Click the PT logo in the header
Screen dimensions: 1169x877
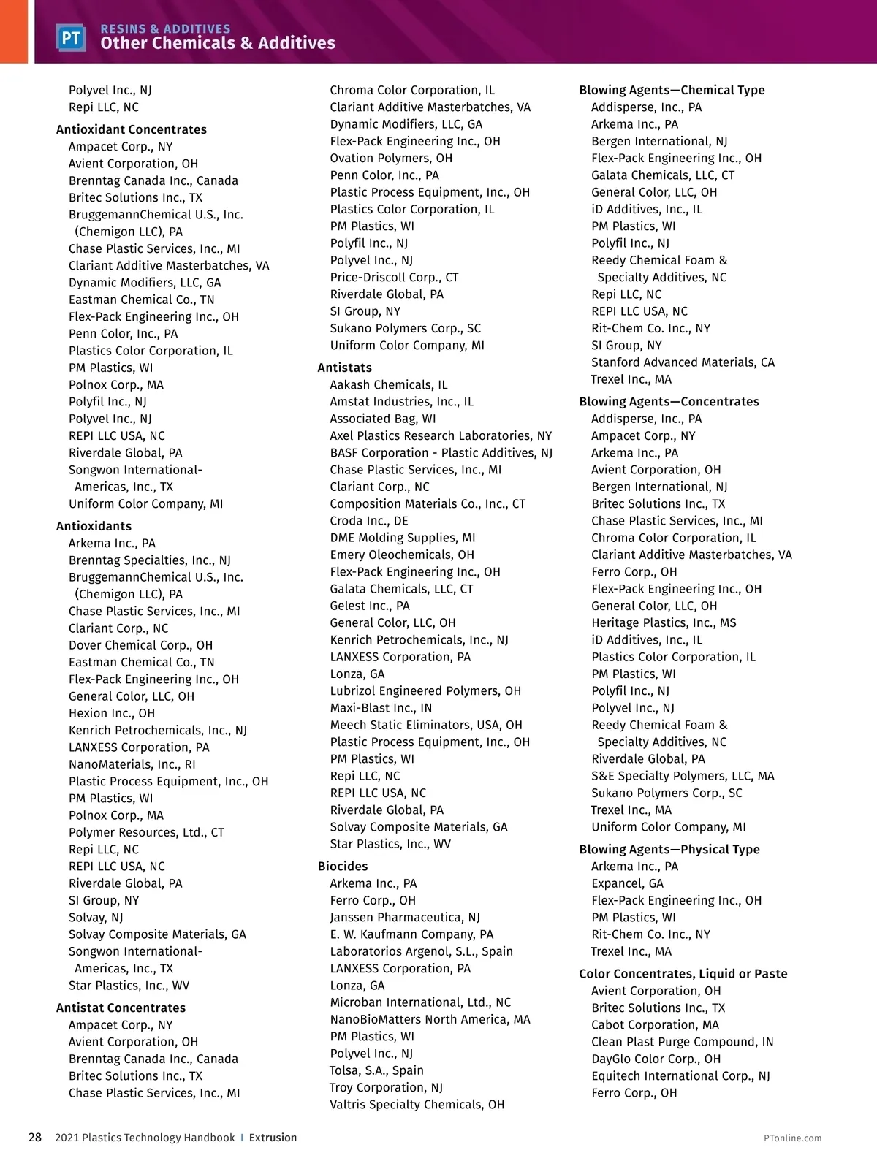click(71, 37)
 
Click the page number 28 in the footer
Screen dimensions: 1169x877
click(35, 1138)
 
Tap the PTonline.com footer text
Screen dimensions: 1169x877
click(792, 1138)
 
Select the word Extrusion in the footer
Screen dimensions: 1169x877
click(273, 1138)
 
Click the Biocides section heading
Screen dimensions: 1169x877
click(343, 866)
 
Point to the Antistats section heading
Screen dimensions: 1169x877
click(345, 368)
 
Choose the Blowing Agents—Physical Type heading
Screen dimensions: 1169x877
click(669, 849)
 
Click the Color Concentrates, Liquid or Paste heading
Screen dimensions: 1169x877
click(683, 973)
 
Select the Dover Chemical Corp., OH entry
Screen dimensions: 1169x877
click(141, 645)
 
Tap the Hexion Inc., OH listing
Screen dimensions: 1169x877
click(112, 713)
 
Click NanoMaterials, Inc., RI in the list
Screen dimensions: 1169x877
click(132, 764)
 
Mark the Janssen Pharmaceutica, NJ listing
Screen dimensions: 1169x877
click(405, 917)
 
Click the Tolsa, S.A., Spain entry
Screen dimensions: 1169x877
click(376, 1070)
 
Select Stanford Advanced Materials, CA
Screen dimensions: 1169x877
click(683, 362)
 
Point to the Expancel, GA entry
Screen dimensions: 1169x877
click(628, 883)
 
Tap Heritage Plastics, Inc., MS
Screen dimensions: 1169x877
click(664, 622)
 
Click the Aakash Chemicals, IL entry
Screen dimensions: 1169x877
click(389, 385)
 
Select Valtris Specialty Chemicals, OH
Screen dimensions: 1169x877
click(417, 1105)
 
